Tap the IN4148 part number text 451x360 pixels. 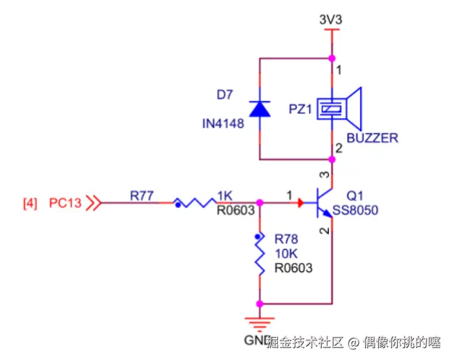222,123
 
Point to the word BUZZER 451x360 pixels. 372,138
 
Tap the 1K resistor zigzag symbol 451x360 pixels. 195,203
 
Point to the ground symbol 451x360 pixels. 260,322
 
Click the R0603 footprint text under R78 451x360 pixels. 293,267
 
